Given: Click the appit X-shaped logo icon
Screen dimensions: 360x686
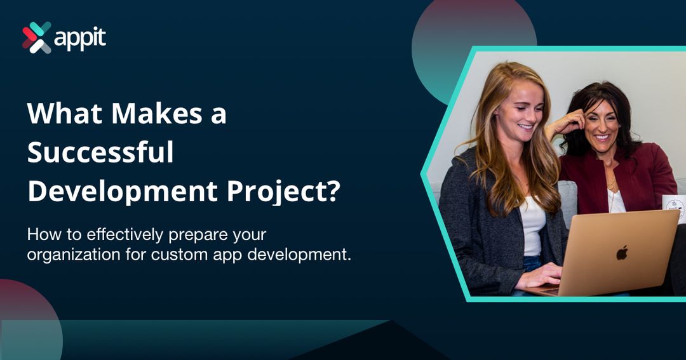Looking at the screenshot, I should [36, 37].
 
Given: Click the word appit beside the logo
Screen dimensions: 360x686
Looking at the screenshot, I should [80, 39].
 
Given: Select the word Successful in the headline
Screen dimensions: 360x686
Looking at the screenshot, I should [100, 153].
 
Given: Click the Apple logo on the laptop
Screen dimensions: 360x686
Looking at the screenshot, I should [622, 252].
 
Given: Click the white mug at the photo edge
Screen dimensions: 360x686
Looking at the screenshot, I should [675, 207].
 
